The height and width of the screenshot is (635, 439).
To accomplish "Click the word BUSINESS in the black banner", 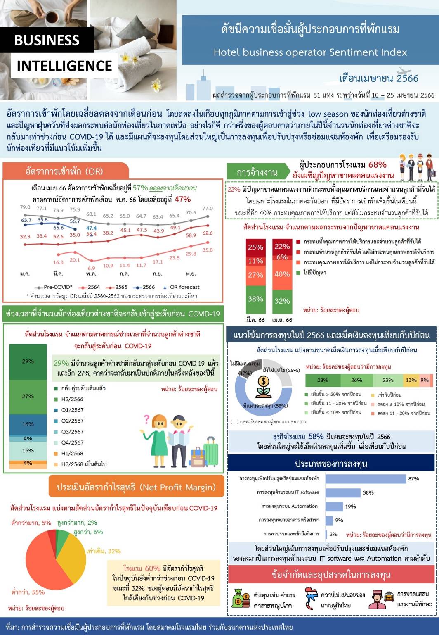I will click(47, 40).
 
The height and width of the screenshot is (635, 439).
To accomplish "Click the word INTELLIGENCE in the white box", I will click(64, 66).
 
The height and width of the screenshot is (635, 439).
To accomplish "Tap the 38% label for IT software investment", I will click(368, 492).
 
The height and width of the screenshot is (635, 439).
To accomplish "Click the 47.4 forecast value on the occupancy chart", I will click(91, 228).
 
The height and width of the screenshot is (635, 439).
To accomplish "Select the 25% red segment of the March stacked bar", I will click(255, 247).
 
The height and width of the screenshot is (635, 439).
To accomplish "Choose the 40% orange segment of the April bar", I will click(282, 274).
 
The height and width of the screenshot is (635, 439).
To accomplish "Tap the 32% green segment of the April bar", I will click(282, 301).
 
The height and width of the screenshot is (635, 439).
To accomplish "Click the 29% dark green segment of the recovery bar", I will click(28, 361).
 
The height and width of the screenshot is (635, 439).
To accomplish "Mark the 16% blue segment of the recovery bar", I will click(28, 424).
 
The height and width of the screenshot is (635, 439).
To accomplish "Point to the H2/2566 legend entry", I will click(72, 399).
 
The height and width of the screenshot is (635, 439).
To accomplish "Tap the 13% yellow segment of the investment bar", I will click(411, 380).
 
